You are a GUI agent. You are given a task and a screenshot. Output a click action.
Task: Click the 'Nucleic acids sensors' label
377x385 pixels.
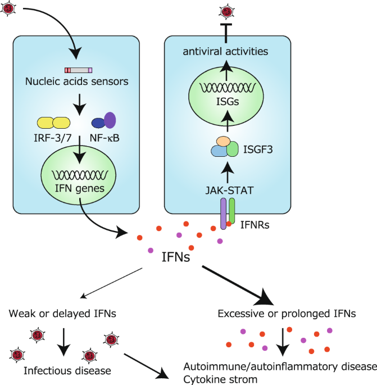click(77, 81)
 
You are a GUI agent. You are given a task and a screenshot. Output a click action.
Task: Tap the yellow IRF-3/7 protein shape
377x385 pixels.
click(53, 123)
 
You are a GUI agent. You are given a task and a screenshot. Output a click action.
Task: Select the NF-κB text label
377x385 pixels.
click(105, 138)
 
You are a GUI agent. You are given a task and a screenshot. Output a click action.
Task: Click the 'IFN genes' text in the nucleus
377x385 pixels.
click(80, 188)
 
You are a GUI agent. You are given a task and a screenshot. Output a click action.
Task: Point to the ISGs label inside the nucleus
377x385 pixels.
click(228, 102)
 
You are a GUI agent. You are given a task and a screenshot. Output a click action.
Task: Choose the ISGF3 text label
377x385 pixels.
click(258, 150)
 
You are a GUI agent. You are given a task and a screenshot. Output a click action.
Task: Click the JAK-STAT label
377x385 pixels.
click(229, 191)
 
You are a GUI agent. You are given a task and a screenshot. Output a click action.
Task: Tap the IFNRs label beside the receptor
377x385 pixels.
click(255, 225)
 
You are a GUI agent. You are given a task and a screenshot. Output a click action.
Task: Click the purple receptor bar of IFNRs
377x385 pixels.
click(223, 214)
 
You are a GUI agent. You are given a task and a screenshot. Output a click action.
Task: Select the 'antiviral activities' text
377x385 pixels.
click(225, 52)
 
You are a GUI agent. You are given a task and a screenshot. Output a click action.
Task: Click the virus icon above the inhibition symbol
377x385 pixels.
click(226, 12)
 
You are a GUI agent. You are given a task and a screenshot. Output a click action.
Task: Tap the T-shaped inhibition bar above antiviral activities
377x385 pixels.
click(226, 33)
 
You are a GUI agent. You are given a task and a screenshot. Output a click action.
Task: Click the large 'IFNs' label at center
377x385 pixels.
click(176, 257)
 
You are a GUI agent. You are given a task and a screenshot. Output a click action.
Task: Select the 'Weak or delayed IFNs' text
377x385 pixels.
click(62, 314)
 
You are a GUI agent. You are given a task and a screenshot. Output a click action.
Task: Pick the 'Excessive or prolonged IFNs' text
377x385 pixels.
click(287, 314)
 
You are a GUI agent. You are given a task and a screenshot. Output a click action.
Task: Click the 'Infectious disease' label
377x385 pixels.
click(67, 371)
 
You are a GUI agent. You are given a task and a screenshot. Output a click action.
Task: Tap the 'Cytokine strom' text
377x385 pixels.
click(220, 379)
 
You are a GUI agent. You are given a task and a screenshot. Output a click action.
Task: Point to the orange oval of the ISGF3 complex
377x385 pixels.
click(224, 142)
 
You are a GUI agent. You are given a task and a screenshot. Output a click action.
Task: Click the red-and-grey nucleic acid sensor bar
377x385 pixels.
click(78, 70)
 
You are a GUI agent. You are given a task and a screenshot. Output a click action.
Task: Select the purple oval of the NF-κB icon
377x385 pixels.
click(110, 120)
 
